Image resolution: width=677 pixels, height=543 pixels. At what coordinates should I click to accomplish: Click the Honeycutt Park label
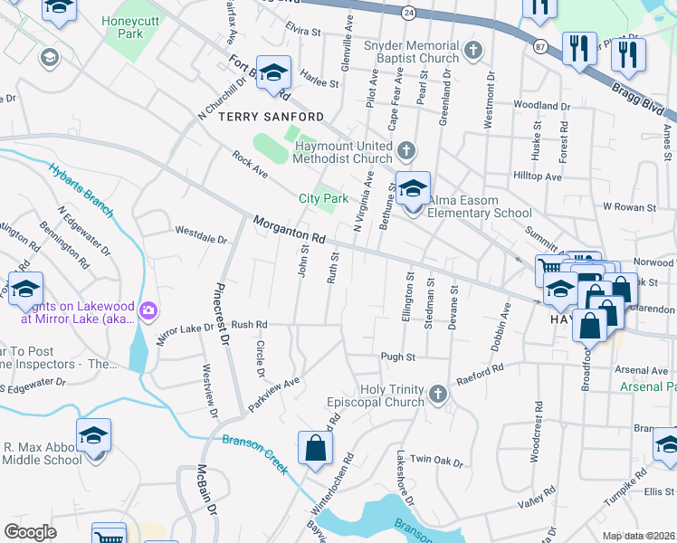point(123,26)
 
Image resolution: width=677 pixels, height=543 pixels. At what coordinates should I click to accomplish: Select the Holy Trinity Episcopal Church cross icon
point(438,393)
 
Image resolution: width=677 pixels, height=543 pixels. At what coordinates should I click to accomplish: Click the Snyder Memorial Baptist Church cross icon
point(471,52)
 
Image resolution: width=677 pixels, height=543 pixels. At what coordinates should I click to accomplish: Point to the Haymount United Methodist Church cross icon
point(406,149)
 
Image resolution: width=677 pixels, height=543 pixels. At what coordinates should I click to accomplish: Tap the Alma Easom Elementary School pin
point(413,191)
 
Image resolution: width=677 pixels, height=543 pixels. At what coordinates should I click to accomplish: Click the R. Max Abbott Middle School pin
point(94,436)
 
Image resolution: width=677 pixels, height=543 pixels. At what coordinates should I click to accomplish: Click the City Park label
point(324,198)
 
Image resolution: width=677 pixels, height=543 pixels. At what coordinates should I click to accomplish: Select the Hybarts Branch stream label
point(81,192)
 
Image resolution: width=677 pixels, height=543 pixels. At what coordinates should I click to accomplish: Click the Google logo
point(30,531)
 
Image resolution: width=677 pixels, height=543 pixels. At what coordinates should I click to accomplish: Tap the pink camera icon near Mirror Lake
point(148,313)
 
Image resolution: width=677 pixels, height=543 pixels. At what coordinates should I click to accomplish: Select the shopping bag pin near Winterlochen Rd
point(314,448)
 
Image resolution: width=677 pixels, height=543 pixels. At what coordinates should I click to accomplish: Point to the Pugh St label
point(397,357)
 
